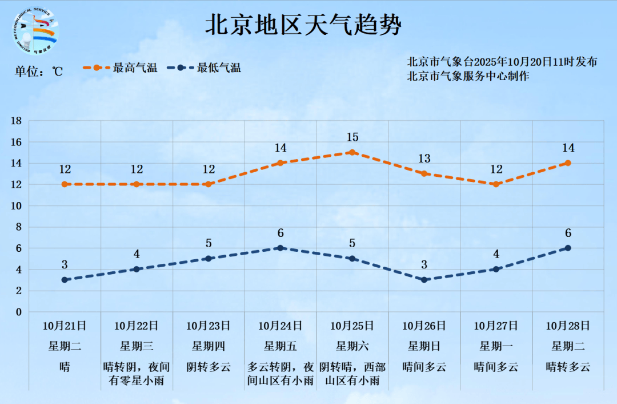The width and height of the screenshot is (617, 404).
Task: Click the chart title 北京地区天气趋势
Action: click(x=303, y=25)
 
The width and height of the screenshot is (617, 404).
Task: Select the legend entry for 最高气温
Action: click(x=120, y=68)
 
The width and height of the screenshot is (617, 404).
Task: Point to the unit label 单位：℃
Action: click(x=39, y=72)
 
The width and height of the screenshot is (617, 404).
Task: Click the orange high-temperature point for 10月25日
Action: click(x=352, y=152)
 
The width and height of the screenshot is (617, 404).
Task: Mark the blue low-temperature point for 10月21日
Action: click(x=65, y=280)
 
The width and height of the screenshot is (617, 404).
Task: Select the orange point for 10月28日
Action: click(x=568, y=163)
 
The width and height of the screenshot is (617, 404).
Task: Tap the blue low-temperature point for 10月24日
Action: click(x=281, y=248)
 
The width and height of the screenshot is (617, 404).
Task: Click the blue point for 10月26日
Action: click(x=424, y=280)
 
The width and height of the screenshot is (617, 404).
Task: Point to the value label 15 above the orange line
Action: click(x=352, y=137)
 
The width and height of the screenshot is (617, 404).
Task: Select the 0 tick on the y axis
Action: click(x=18, y=312)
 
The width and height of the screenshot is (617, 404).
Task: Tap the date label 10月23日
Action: click(x=209, y=326)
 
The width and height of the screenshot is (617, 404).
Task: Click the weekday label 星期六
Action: click(x=352, y=346)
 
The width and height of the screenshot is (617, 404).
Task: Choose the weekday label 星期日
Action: click(x=424, y=346)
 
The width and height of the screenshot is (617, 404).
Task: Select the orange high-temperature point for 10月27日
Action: click(x=496, y=184)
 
